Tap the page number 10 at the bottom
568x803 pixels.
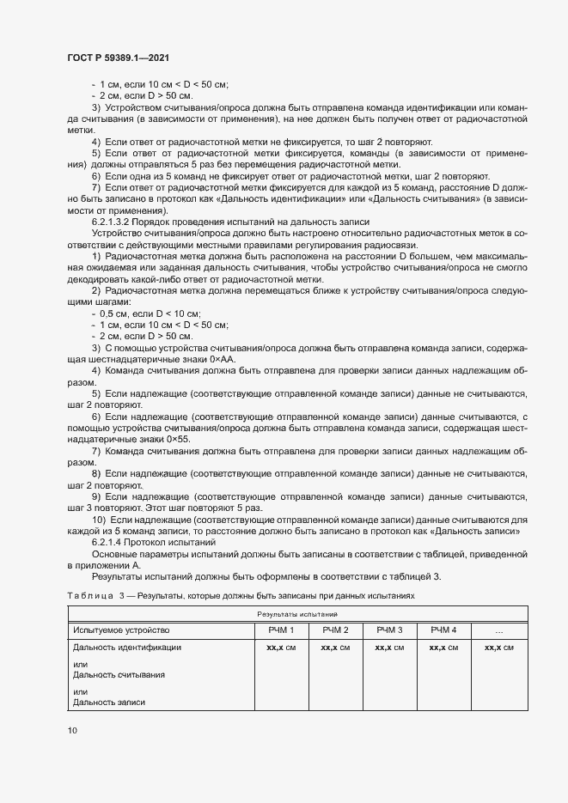coord(72,730)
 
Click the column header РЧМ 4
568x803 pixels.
coord(443,630)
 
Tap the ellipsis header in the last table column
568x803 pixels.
coord(499,630)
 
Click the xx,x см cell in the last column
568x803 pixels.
coord(499,647)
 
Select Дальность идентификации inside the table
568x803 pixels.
coord(127,647)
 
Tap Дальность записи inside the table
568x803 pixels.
coord(109,703)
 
